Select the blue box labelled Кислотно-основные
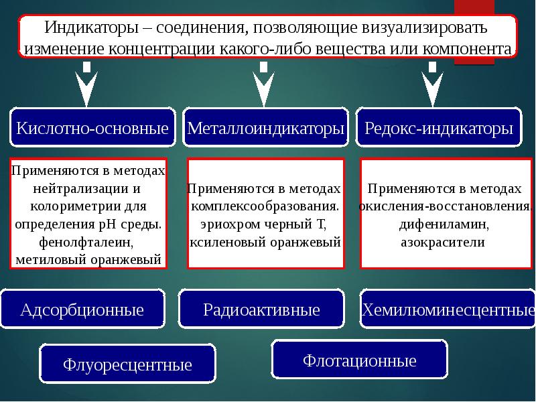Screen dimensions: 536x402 pyautogui.click(x=92, y=127)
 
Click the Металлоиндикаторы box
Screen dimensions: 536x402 pyautogui.click(x=266, y=127)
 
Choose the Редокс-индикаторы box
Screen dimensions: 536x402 pyautogui.click(x=440, y=127)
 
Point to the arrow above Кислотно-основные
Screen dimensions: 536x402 pyautogui.click(x=87, y=85)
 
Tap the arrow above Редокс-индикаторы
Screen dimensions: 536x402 pyautogui.click(x=432, y=85)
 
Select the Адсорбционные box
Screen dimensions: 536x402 pyautogui.click(x=82, y=310)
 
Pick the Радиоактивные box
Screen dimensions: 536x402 pyautogui.click(x=261, y=310)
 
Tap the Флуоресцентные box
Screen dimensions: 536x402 pyautogui.click(x=127, y=365)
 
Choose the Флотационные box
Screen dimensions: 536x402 pyautogui.click(x=360, y=361)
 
